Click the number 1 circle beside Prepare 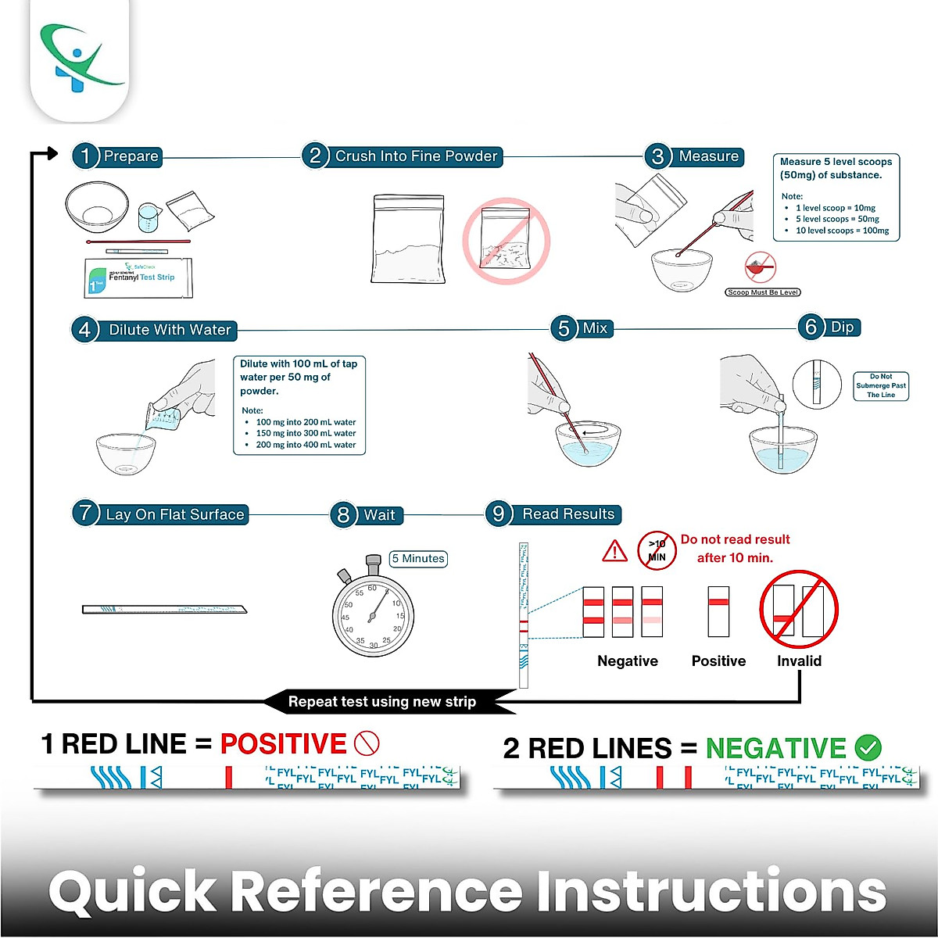click(x=85, y=156)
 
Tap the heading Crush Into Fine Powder click(x=416, y=156)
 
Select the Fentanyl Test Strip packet click(x=139, y=277)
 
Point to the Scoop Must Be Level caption click(x=763, y=292)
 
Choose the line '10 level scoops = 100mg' click(x=842, y=231)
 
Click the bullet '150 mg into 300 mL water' click(x=306, y=433)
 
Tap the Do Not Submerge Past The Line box click(x=881, y=386)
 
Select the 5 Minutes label click(x=418, y=559)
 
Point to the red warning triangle click(x=615, y=551)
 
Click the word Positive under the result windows click(x=718, y=661)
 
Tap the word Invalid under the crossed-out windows click(x=799, y=661)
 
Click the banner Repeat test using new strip click(x=382, y=702)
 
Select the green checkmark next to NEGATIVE click(x=868, y=748)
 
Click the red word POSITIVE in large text click(x=283, y=743)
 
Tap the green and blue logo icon click(x=79, y=59)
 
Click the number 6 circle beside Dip click(x=811, y=327)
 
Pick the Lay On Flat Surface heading click(x=175, y=514)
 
